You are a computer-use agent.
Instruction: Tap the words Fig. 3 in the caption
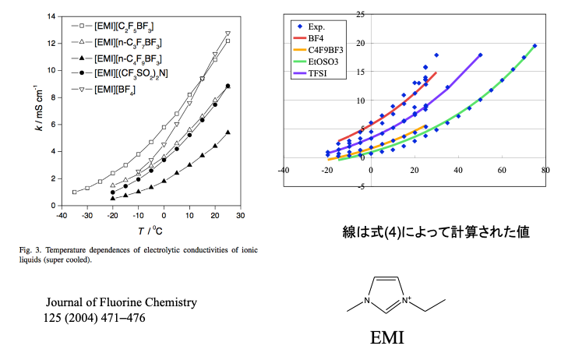pyautogui.click(x=32, y=250)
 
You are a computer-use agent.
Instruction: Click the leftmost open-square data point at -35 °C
pyautogui.click(x=74, y=192)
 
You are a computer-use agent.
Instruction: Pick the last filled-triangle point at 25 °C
pyautogui.click(x=228, y=132)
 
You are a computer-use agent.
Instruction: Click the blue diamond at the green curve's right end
pyautogui.click(x=535, y=46)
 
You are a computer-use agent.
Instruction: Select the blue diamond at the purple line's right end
pyautogui.click(x=480, y=55)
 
